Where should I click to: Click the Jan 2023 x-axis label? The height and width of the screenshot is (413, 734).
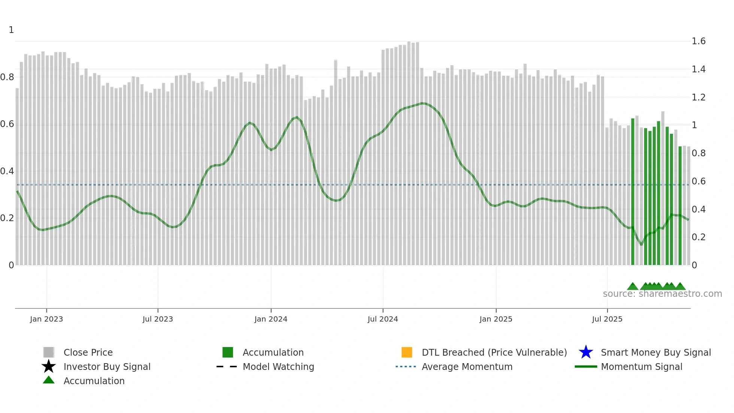46,319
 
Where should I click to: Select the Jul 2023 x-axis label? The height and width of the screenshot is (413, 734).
158,319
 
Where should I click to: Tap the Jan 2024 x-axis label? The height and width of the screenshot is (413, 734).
271,319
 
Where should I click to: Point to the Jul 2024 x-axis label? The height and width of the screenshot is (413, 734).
383,319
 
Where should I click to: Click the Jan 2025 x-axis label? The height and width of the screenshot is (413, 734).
496,319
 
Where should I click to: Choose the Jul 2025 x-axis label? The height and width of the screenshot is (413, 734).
607,319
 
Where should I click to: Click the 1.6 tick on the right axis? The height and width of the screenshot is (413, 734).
698,41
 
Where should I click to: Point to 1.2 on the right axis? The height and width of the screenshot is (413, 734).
698,97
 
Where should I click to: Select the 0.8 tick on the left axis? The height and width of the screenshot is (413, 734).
7,77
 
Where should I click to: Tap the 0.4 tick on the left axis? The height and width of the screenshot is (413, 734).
7,171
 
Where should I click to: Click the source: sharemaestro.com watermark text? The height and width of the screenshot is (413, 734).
662,294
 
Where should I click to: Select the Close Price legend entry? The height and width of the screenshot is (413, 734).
88,352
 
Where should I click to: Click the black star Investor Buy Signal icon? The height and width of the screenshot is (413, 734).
49,367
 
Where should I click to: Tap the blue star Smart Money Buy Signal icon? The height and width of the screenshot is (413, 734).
586,352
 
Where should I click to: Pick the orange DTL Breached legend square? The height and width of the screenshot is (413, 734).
407,352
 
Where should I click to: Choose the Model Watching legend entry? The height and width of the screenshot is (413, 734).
278,367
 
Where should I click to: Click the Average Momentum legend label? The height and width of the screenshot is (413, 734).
467,367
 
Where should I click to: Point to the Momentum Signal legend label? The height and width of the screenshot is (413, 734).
642,367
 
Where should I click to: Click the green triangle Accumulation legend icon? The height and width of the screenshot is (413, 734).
49,380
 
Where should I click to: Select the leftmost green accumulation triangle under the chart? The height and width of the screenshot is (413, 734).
633,287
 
